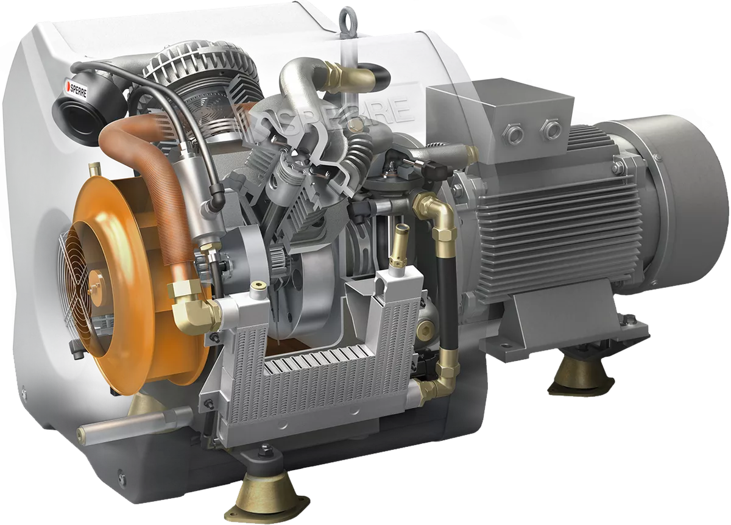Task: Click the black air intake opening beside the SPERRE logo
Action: point(72,113)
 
